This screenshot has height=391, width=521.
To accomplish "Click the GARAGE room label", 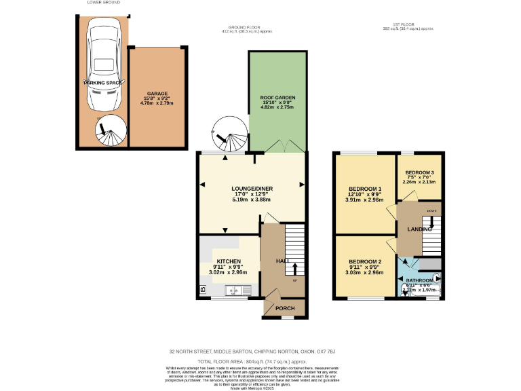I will coord(157,94).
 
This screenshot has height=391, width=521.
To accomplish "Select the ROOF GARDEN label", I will coord(278,98).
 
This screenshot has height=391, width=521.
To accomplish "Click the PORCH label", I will coord(285,308).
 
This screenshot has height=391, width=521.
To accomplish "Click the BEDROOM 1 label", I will coord(365,189).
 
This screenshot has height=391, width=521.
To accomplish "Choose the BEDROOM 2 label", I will coord(365,262).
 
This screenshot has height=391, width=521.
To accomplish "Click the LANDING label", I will coord(419,229).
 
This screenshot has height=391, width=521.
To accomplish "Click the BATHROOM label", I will coord(420,280).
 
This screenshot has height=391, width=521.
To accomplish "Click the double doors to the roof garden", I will coord(278,147).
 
